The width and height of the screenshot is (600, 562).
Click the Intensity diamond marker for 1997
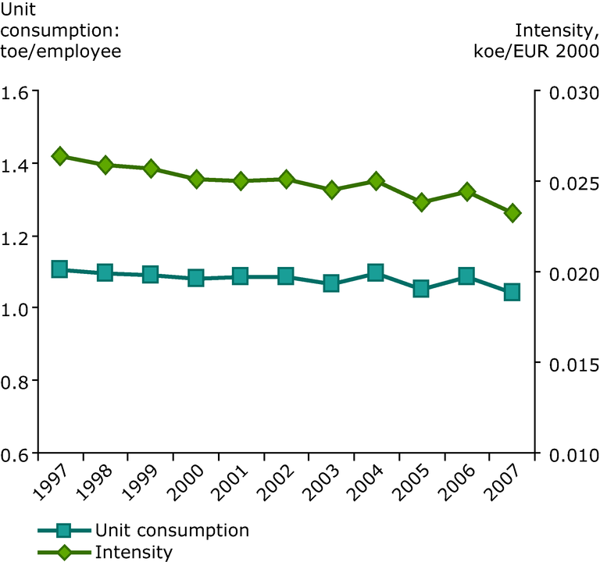tap(59, 156)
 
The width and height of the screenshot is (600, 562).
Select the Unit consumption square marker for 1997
tap(59, 269)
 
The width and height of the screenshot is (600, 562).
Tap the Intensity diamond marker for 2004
tap(376, 181)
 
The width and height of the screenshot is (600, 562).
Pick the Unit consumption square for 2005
tap(421, 289)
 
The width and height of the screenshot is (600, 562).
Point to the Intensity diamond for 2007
tap(512, 213)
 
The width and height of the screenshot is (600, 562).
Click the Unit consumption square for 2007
tap(512, 292)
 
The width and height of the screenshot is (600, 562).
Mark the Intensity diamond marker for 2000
tap(196, 180)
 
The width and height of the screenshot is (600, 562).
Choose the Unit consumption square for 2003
tap(331, 283)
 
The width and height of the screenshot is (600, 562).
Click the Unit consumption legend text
tap(172, 531)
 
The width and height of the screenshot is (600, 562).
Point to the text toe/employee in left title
tap(62, 52)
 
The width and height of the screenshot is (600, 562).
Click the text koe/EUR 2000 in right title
tap(541, 52)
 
